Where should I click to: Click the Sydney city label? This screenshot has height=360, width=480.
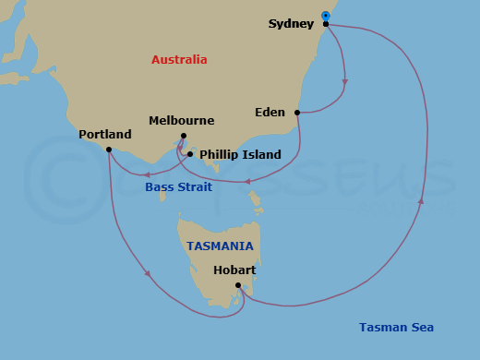point(291,23)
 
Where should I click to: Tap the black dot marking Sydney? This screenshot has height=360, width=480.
point(326,24)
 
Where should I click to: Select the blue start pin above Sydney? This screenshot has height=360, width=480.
point(326,16)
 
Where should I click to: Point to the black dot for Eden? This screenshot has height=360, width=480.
point(297,114)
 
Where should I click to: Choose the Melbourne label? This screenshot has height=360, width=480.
point(181,121)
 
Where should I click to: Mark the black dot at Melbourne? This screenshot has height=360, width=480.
point(183,137)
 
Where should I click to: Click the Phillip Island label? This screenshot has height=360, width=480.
point(240,155)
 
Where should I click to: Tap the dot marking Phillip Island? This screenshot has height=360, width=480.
point(190,154)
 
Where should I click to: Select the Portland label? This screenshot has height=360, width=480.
point(105,134)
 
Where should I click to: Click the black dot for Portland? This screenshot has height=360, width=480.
point(109,150)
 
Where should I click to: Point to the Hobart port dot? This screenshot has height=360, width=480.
point(238,285)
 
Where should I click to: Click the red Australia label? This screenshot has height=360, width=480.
point(179,60)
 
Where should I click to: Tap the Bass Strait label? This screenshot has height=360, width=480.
point(178,187)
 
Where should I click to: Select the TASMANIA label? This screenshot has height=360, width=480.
point(220,246)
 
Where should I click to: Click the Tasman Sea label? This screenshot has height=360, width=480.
point(396,328)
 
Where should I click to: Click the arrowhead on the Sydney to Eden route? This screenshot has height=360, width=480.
point(344,81)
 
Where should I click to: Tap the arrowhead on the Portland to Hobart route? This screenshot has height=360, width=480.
point(147,272)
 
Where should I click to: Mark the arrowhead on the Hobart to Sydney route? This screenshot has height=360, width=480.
point(421,199)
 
